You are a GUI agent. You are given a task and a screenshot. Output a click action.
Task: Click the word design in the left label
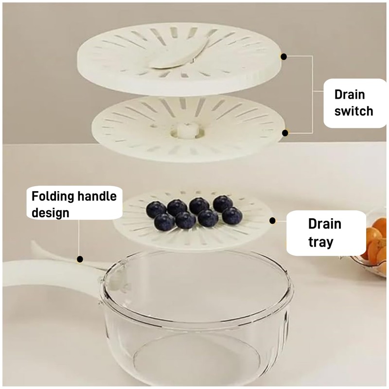pos(51,213)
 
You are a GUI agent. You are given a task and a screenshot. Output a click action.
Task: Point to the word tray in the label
pos(320,242)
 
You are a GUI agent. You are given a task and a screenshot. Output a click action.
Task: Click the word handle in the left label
pos(95,196)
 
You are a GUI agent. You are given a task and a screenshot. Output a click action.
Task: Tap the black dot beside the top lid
pos(284,56)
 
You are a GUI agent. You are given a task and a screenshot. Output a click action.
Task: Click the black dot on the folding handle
pos(80,259)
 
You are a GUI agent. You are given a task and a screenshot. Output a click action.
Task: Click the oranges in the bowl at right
pos(376,243)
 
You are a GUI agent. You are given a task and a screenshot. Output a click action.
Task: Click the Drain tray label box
pos(325,233)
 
